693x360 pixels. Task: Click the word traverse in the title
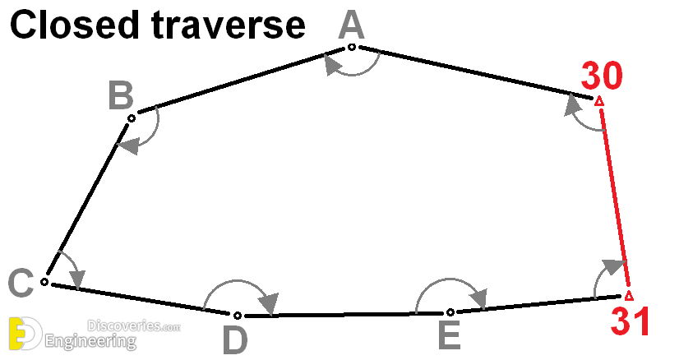tap(228, 26)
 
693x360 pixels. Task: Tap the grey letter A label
tap(351, 25)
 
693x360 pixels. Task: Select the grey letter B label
tap(121, 95)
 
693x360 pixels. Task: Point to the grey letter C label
tap(21, 283)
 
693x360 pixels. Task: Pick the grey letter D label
tap(234, 341)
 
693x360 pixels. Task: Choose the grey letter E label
tap(450, 335)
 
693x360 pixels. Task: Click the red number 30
tap(602, 76)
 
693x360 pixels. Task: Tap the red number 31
tap(630, 321)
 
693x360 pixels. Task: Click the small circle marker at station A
tap(351, 47)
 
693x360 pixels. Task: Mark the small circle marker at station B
tap(132, 118)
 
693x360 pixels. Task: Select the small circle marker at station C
tap(44, 282)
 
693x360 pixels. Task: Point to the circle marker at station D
tap(238, 316)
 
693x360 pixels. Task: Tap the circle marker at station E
tap(450, 312)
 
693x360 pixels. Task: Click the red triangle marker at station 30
tap(598, 102)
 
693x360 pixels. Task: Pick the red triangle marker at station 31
tap(629, 296)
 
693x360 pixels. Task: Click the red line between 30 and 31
tap(615, 197)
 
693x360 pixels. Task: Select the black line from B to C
tap(87, 199)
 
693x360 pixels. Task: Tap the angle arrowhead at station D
tap(269, 302)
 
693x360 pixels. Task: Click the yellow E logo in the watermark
tap(18, 334)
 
